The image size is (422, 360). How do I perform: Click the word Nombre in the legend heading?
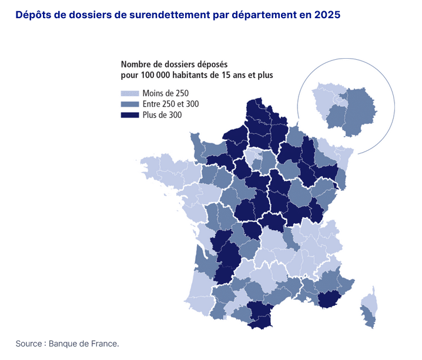click(x=136, y=64)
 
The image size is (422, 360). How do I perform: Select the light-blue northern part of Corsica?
click(x=370, y=302)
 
